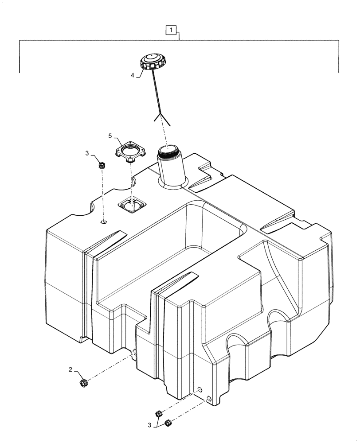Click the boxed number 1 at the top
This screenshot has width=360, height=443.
(x=172, y=30)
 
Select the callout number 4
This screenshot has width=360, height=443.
(x=132, y=75)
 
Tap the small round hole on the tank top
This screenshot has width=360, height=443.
(x=103, y=221)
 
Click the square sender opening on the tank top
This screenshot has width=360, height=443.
(x=132, y=204)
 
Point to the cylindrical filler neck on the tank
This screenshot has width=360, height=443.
(x=170, y=168)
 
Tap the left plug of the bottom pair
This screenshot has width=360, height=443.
(x=158, y=414)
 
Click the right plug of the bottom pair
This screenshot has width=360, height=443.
(x=168, y=424)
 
